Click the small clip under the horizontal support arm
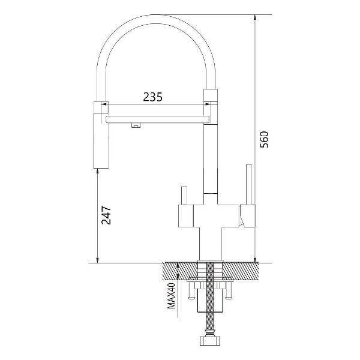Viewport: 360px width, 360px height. click(x=136, y=124)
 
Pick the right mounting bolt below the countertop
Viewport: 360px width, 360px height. click(x=228, y=290)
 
